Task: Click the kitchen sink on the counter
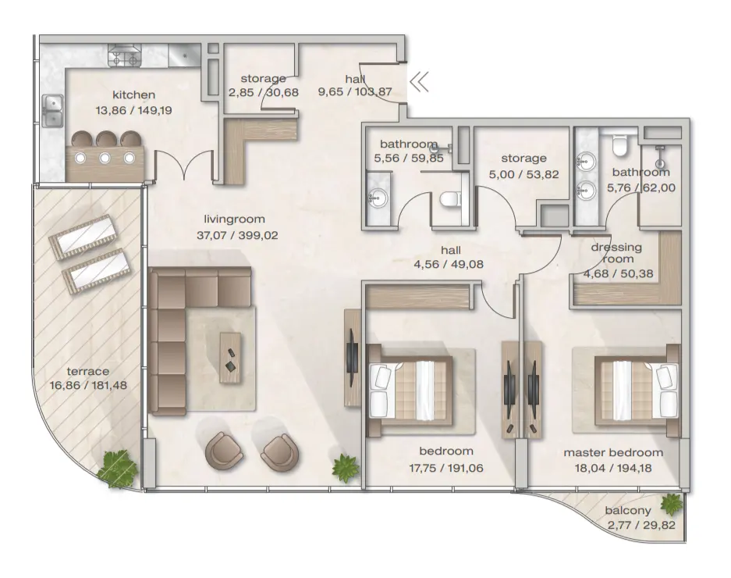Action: tap(53, 110)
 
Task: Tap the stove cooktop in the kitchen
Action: tap(125, 56)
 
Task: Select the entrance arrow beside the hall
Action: tap(420, 81)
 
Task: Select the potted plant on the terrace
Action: tap(117, 468)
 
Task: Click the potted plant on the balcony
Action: tap(671, 504)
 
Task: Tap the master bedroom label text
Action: tap(613, 452)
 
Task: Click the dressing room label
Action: tap(616, 253)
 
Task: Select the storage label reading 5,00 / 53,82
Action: tap(523, 173)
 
